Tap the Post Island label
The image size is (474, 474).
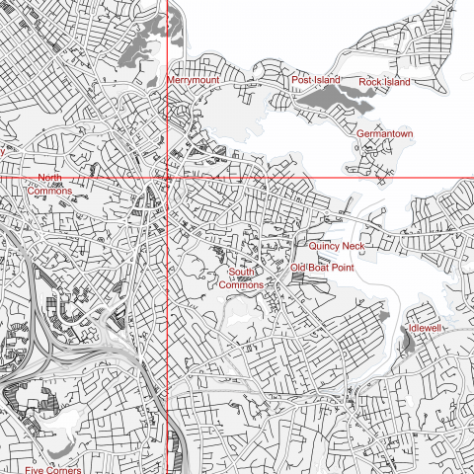click(x=314, y=79)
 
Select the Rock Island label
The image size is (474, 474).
click(x=384, y=81)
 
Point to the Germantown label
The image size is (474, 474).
click(x=384, y=132)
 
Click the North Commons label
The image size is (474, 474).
click(x=49, y=184)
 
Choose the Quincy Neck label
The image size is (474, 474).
click(x=337, y=246)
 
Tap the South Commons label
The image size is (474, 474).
click(x=246, y=277)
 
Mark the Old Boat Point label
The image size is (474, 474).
click(x=322, y=268)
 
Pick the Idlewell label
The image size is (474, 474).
click(x=426, y=327)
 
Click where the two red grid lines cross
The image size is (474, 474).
click(x=168, y=178)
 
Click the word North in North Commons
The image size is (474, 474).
click(x=49, y=178)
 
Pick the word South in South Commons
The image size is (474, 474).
click(x=242, y=272)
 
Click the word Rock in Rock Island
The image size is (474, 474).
click(x=370, y=81)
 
